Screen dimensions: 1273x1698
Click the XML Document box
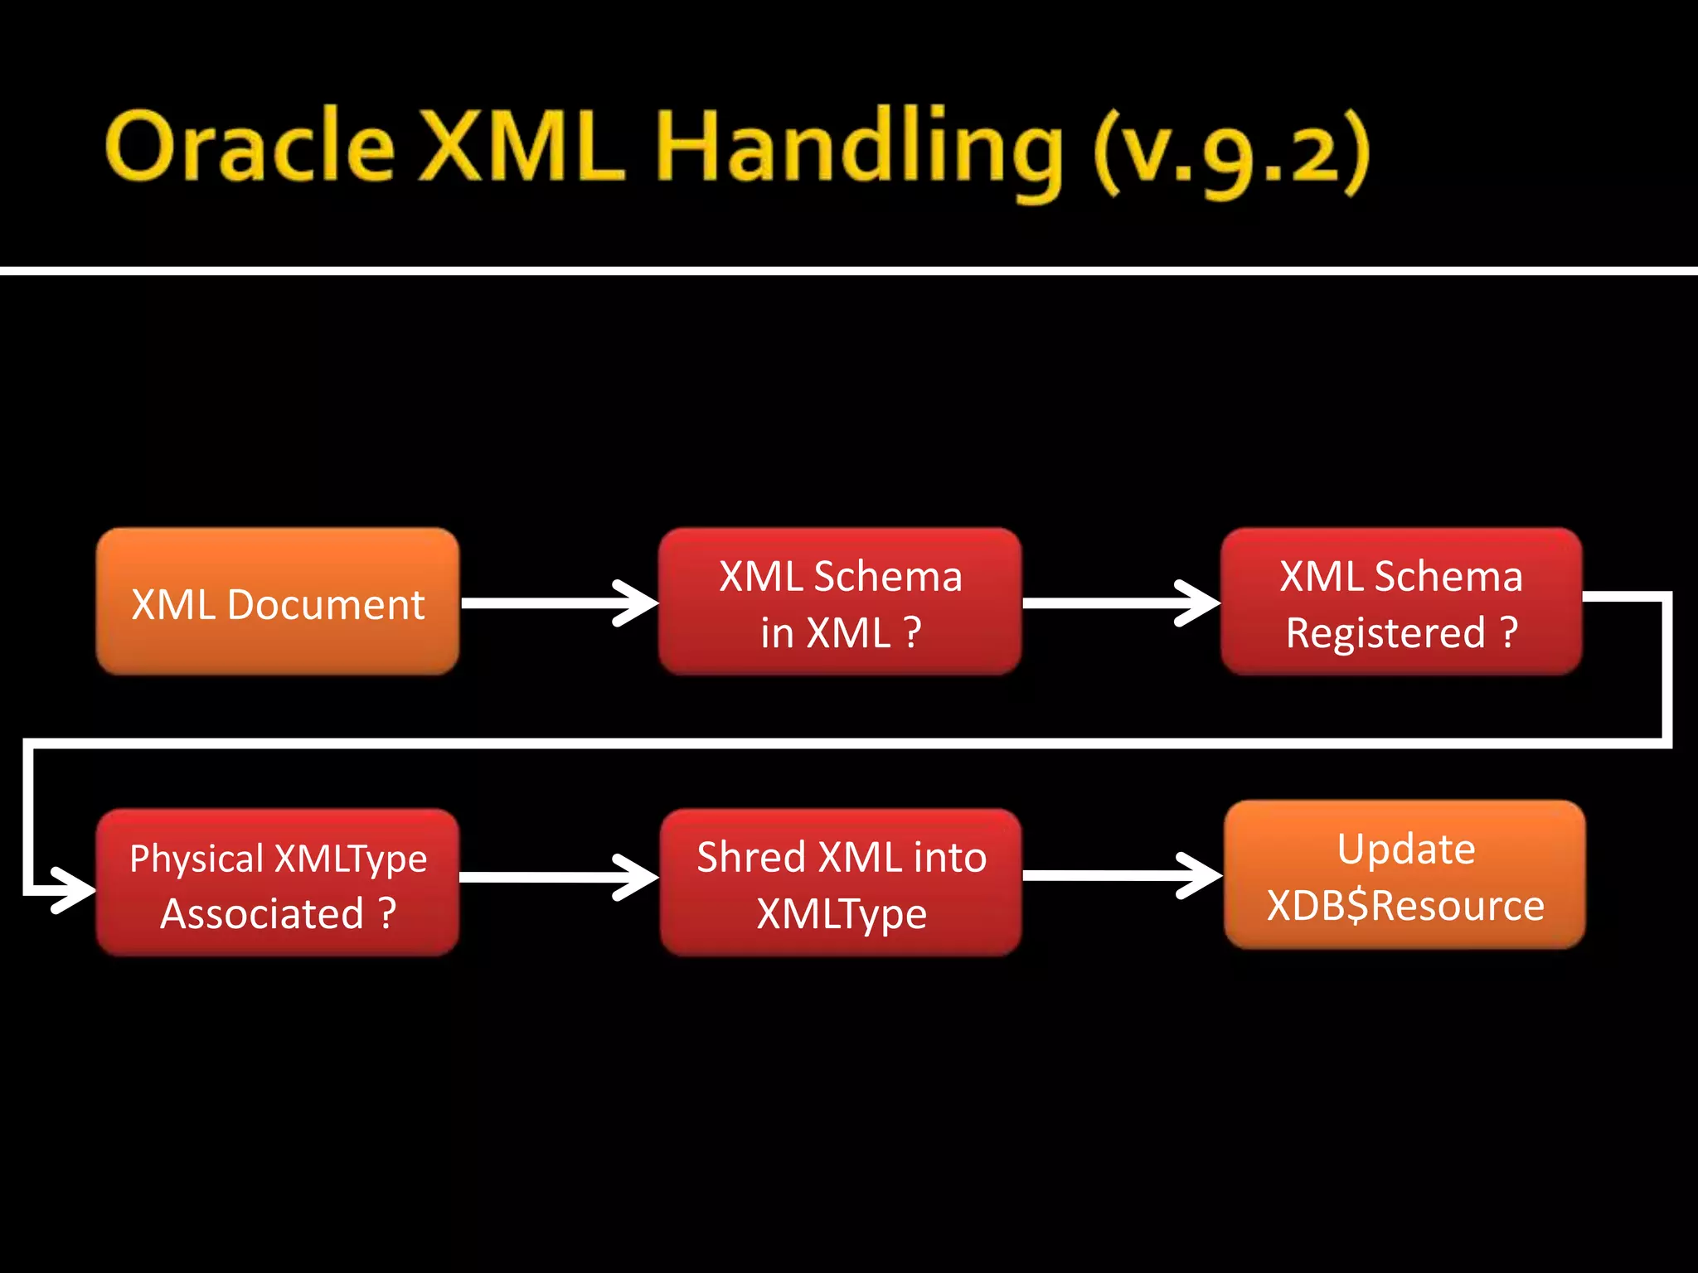277,602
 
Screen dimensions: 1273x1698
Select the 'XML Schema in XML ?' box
839,602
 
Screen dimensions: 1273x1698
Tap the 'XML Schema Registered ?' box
1401,602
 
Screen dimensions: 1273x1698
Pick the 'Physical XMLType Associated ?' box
277,883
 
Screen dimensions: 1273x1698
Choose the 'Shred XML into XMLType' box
841,883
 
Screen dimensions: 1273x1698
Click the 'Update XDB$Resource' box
1404,874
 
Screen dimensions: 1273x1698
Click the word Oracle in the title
249,148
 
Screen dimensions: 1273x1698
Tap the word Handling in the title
859,149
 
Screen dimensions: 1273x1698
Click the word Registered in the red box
1385,633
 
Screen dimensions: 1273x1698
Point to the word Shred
751,857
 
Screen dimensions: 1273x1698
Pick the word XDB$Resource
1404,905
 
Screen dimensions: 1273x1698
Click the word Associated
262,914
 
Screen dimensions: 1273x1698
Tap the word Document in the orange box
325,604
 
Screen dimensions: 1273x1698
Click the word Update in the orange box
1406,849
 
